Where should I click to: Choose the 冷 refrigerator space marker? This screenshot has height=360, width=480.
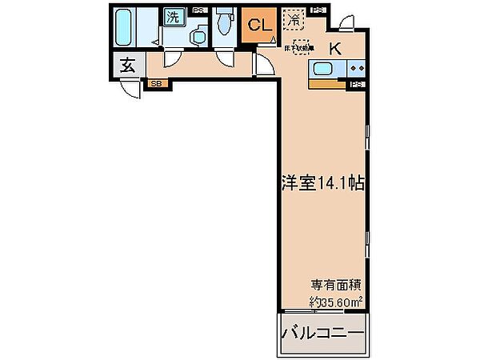point(294,17)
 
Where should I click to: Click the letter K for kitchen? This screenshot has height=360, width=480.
point(334,48)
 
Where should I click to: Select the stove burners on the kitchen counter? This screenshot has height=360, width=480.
point(356,69)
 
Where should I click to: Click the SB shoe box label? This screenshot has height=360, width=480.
point(155,82)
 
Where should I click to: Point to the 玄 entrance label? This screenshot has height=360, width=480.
point(128,66)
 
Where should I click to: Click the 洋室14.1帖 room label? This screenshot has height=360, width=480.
point(323,182)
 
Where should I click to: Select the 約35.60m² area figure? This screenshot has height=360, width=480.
point(336,302)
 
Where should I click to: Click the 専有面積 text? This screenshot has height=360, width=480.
point(335,285)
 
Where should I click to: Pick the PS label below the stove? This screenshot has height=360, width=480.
point(357,83)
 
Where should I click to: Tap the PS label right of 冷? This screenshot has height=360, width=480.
point(318,10)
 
